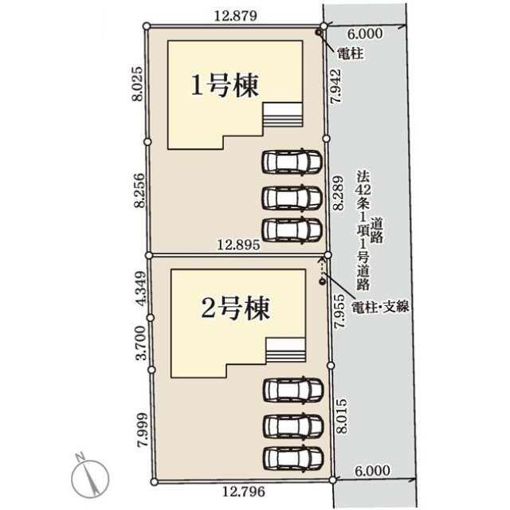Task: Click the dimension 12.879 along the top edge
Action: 236,16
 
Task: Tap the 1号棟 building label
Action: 225,85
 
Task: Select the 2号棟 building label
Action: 236,308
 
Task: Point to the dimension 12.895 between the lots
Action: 238,245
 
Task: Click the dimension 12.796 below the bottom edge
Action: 244,491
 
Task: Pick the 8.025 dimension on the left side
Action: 138,84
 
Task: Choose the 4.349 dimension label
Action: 141,288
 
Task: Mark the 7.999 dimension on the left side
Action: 143,430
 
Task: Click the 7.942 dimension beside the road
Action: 335,86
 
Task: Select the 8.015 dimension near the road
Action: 342,416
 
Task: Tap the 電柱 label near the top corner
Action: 350,53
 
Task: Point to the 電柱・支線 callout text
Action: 380,307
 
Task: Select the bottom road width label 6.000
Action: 372,471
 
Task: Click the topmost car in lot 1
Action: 292,161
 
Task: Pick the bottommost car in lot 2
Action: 293,457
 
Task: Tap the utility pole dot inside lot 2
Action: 322,281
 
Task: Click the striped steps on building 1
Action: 283,115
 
